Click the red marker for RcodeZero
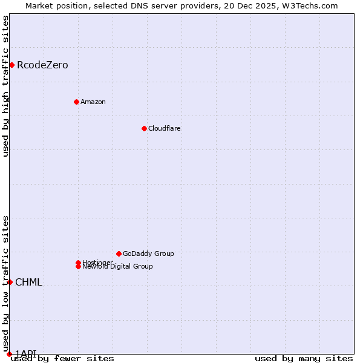coord(11,65)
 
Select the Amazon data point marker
coord(76,102)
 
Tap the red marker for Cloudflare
coord(144,128)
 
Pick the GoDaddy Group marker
coord(119,253)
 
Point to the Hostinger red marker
coord(78,263)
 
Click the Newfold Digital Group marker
coord(78,267)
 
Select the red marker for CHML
coord(10,282)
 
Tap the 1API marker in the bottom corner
coord(9,354)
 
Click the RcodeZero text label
coord(42,65)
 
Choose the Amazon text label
coord(93,102)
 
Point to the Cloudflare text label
coord(164,128)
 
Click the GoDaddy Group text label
coord(148,253)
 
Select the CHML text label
coord(28,283)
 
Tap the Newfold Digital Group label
coord(118,267)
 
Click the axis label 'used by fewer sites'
coord(62,359)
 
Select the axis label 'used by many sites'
coord(304,359)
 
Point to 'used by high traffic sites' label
coord(6,86)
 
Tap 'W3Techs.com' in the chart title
coord(312,6)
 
